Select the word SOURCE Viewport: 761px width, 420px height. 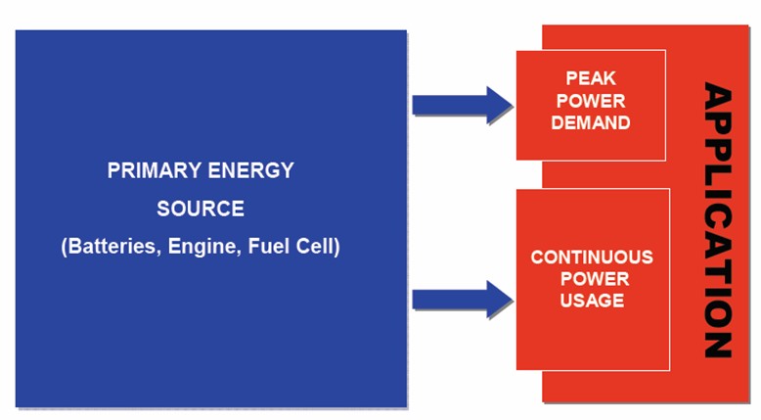[201, 209]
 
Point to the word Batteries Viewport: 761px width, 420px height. [111, 247]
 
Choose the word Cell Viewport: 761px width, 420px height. [316, 247]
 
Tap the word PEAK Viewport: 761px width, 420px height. [591, 78]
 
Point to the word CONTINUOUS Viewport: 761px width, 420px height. [592, 257]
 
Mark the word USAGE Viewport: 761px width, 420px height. [592, 301]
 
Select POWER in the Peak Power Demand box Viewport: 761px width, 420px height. [591, 101]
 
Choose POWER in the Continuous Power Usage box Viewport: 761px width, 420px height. [592, 279]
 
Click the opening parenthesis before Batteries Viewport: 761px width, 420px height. [65, 247]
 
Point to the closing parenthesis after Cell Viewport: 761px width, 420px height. [336, 247]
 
